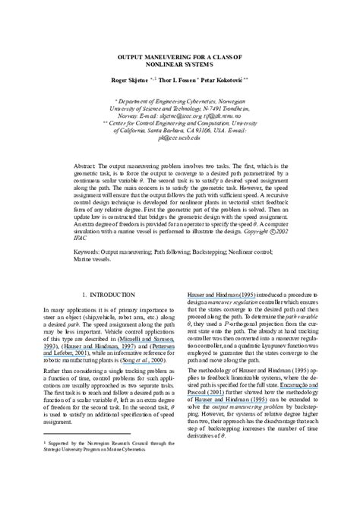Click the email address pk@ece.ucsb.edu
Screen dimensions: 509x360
pos(180,138)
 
